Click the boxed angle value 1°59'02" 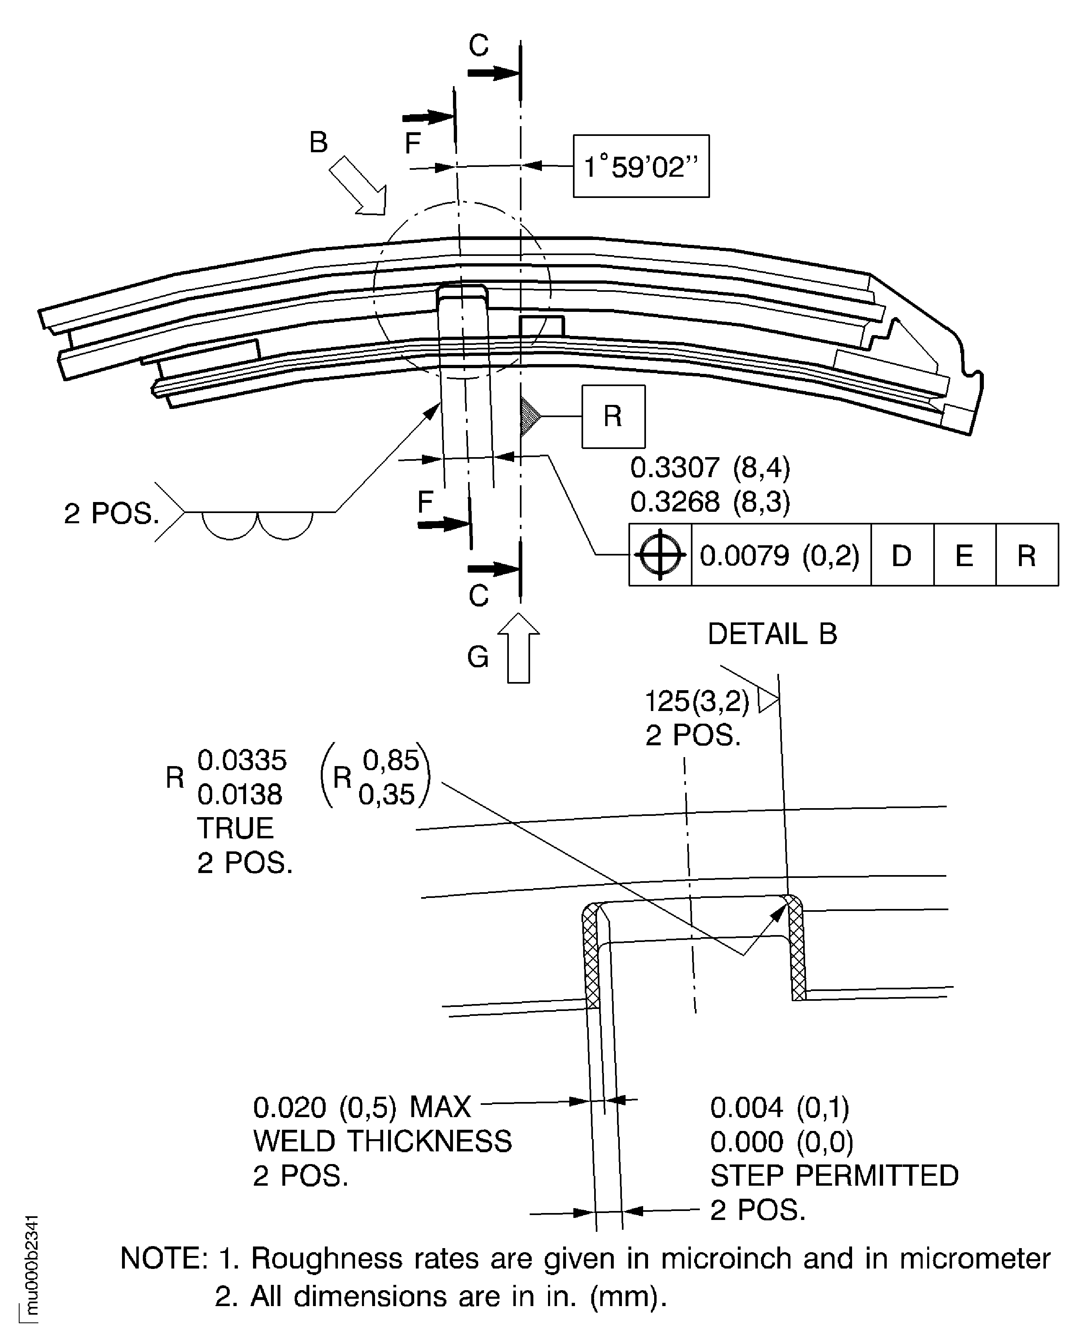pyautogui.click(x=641, y=167)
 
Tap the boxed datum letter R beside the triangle pyautogui.click(x=613, y=416)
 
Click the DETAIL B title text pyautogui.click(x=772, y=633)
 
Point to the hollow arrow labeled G pyautogui.click(x=519, y=648)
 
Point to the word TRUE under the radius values pyautogui.click(x=235, y=828)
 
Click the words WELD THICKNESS pyautogui.click(x=382, y=1141)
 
